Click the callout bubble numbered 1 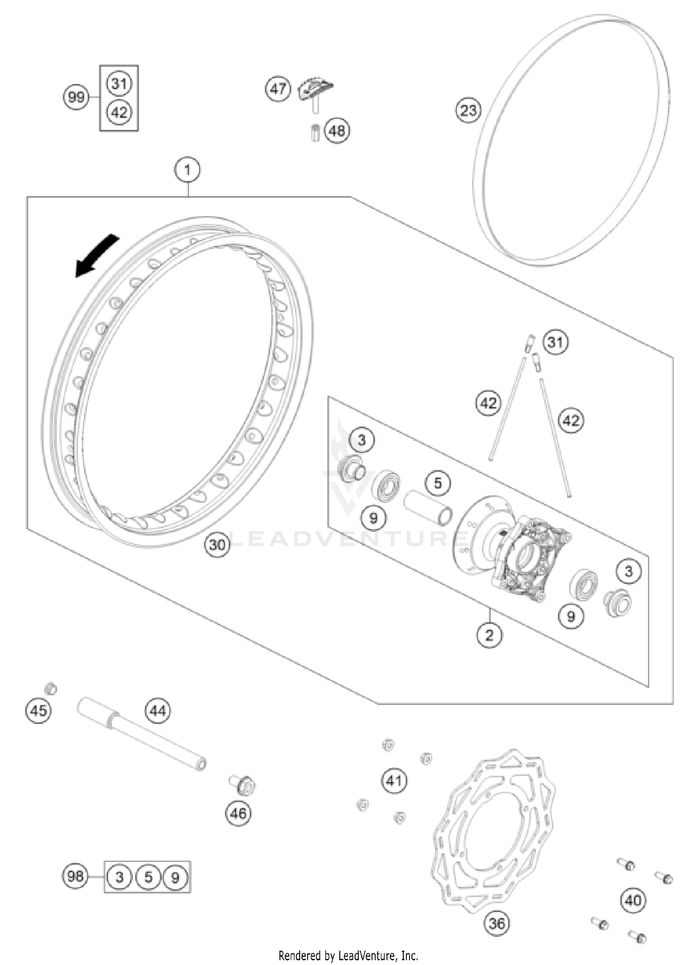point(187,170)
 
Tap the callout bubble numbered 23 point(468,111)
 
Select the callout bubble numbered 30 point(217,544)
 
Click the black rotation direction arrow point(96,256)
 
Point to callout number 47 point(278,88)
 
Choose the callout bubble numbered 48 point(337,130)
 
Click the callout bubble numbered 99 point(76,97)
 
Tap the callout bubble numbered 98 point(75,876)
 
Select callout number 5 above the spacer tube point(438,483)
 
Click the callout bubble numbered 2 point(489,635)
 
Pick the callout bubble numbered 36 point(496,923)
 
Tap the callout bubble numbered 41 point(394,781)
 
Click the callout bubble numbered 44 point(158,711)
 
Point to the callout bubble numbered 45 point(39,711)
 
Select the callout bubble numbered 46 point(238,813)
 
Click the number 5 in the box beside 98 point(148,877)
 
